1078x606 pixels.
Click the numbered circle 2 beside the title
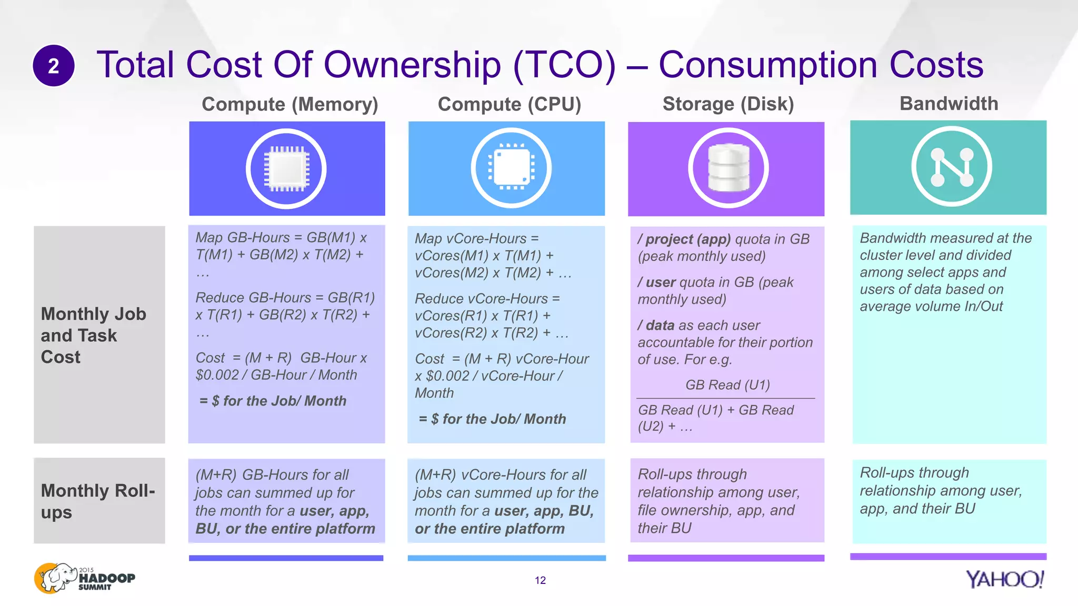tap(53, 66)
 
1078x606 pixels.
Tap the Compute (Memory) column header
tap(290, 104)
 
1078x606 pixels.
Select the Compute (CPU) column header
tap(509, 104)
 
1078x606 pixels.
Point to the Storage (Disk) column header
tap(728, 104)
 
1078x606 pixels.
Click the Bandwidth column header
tap(949, 104)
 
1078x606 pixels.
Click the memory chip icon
tap(286, 169)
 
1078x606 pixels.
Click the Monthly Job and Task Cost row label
tap(93, 335)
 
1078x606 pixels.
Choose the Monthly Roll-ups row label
tap(98, 501)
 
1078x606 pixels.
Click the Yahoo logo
tap(1004, 579)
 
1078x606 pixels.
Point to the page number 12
tap(540, 580)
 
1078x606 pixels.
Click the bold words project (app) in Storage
tap(688, 239)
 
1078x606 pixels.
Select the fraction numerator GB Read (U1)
tap(727, 385)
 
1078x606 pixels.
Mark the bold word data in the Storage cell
tap(660, 326)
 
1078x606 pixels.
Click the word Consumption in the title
tap(768, 65)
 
